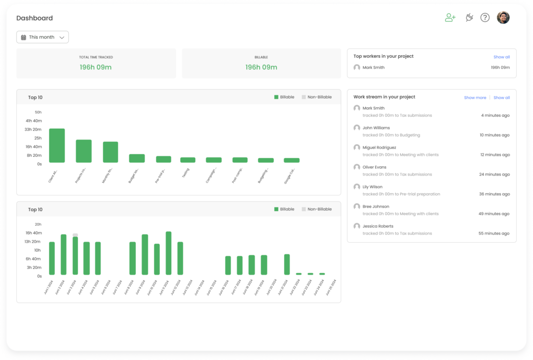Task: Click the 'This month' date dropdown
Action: [43, 38]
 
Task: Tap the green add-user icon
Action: [450, 18]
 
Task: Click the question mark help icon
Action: [485, 18]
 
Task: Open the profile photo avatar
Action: [503, 18]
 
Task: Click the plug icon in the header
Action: [468, 18]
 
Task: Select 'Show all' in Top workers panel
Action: [501, 57]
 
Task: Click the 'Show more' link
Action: [475, 97]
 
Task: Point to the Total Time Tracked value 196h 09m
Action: [96, 67]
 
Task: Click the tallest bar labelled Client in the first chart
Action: [57, 145]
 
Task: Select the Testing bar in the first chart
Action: [188, 160]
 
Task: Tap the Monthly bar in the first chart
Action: [110, 152]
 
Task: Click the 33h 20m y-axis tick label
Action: [33, 129]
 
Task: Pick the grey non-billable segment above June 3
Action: [75, 235]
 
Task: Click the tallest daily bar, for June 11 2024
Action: [169, 253]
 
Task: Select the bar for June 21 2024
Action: [287, 264]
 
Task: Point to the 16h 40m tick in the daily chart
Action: [33, 233]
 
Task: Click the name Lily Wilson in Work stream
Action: [372, 187]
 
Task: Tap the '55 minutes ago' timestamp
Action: [494, 233]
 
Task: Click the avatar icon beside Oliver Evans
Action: [357, 167]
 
